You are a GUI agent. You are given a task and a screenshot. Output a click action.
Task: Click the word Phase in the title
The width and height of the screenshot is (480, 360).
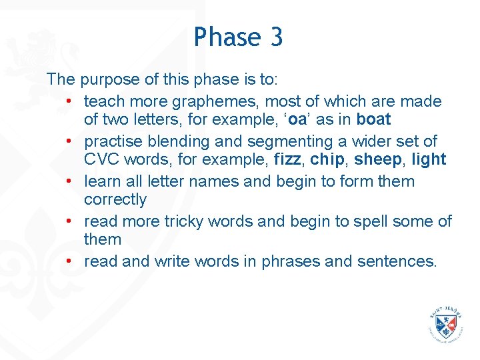pos(226,37)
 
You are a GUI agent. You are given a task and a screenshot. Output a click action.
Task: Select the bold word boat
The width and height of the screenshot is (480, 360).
pos(373,120)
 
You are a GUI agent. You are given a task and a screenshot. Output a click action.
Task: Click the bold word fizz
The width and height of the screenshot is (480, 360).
pos(288,160)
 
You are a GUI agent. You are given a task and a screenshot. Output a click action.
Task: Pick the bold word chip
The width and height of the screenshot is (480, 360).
pos(327,160)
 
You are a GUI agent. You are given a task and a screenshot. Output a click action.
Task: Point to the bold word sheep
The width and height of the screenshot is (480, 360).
pos(378,160)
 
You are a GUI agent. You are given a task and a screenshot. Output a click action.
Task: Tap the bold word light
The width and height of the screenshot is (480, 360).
pos(429,160)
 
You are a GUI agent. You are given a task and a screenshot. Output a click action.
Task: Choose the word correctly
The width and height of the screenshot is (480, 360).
pos(115,200)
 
